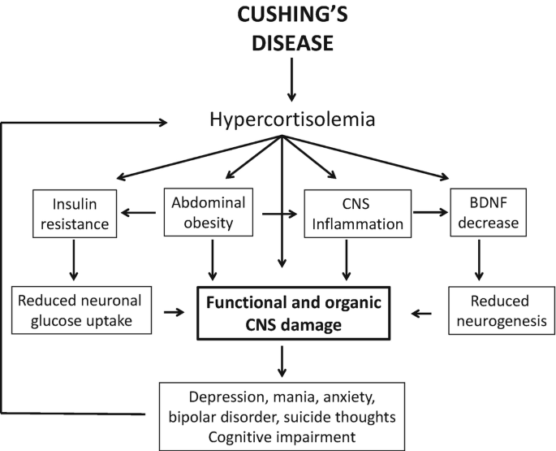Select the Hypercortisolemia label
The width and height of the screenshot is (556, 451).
[x=280, y=121]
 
